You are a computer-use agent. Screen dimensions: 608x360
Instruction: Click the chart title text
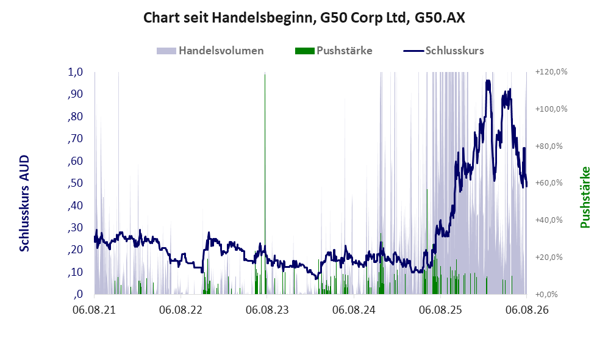(304, 18)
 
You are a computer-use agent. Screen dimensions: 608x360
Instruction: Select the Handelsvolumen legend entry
(210, 51)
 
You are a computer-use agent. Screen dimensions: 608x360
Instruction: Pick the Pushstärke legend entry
(334, 51)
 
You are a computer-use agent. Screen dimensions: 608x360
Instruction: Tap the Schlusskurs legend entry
(443, 51)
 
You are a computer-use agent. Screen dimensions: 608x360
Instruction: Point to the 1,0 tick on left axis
(76, 72)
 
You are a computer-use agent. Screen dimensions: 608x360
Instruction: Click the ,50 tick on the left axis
(76, 182)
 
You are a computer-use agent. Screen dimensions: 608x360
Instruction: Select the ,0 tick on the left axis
(78, 294)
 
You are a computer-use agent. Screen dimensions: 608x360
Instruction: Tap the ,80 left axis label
(76, 117)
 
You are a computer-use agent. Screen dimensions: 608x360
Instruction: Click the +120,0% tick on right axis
(551, 72)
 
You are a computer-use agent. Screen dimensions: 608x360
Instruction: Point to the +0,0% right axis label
(547, 294)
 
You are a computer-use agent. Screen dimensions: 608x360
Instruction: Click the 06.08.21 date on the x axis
(95, 310)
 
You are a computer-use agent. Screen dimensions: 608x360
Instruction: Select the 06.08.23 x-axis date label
(268, 310)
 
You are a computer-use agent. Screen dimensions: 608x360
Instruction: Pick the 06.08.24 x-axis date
(354, 310)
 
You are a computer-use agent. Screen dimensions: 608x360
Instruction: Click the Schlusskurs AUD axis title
(24, 203)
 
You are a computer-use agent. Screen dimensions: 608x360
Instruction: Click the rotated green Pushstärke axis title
(585, 197)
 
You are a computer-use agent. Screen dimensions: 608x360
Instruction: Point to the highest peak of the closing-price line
(488, 81)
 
